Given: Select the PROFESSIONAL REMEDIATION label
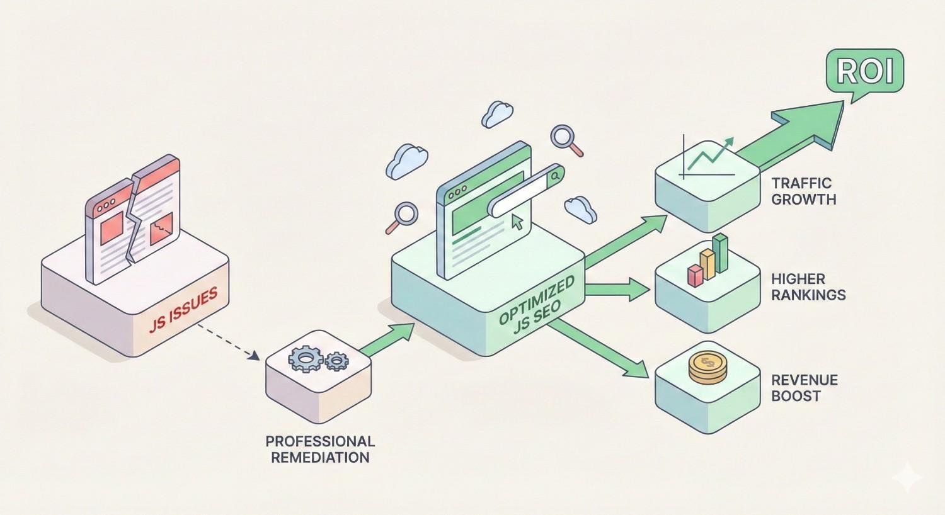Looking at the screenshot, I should pos(320,449).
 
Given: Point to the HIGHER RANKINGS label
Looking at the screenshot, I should pos(808,286).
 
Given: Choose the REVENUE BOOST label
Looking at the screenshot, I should pos(804,388).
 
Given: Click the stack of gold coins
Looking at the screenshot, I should pos(707,367).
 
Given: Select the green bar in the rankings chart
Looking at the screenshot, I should pos(720,254).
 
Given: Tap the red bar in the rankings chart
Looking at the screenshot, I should pos(695,276).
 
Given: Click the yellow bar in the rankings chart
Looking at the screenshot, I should pos(707,264).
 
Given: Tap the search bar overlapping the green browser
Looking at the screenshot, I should pos(526,191).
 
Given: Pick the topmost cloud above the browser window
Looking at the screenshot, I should pos(496,114).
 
